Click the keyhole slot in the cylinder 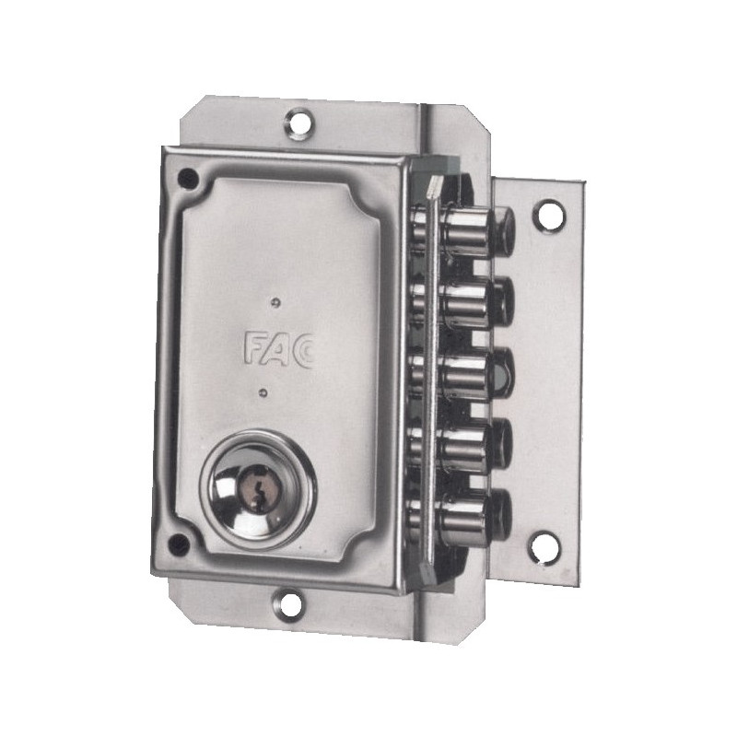[256, 490]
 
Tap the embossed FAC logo [278, 349]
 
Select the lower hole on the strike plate [544, 546]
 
